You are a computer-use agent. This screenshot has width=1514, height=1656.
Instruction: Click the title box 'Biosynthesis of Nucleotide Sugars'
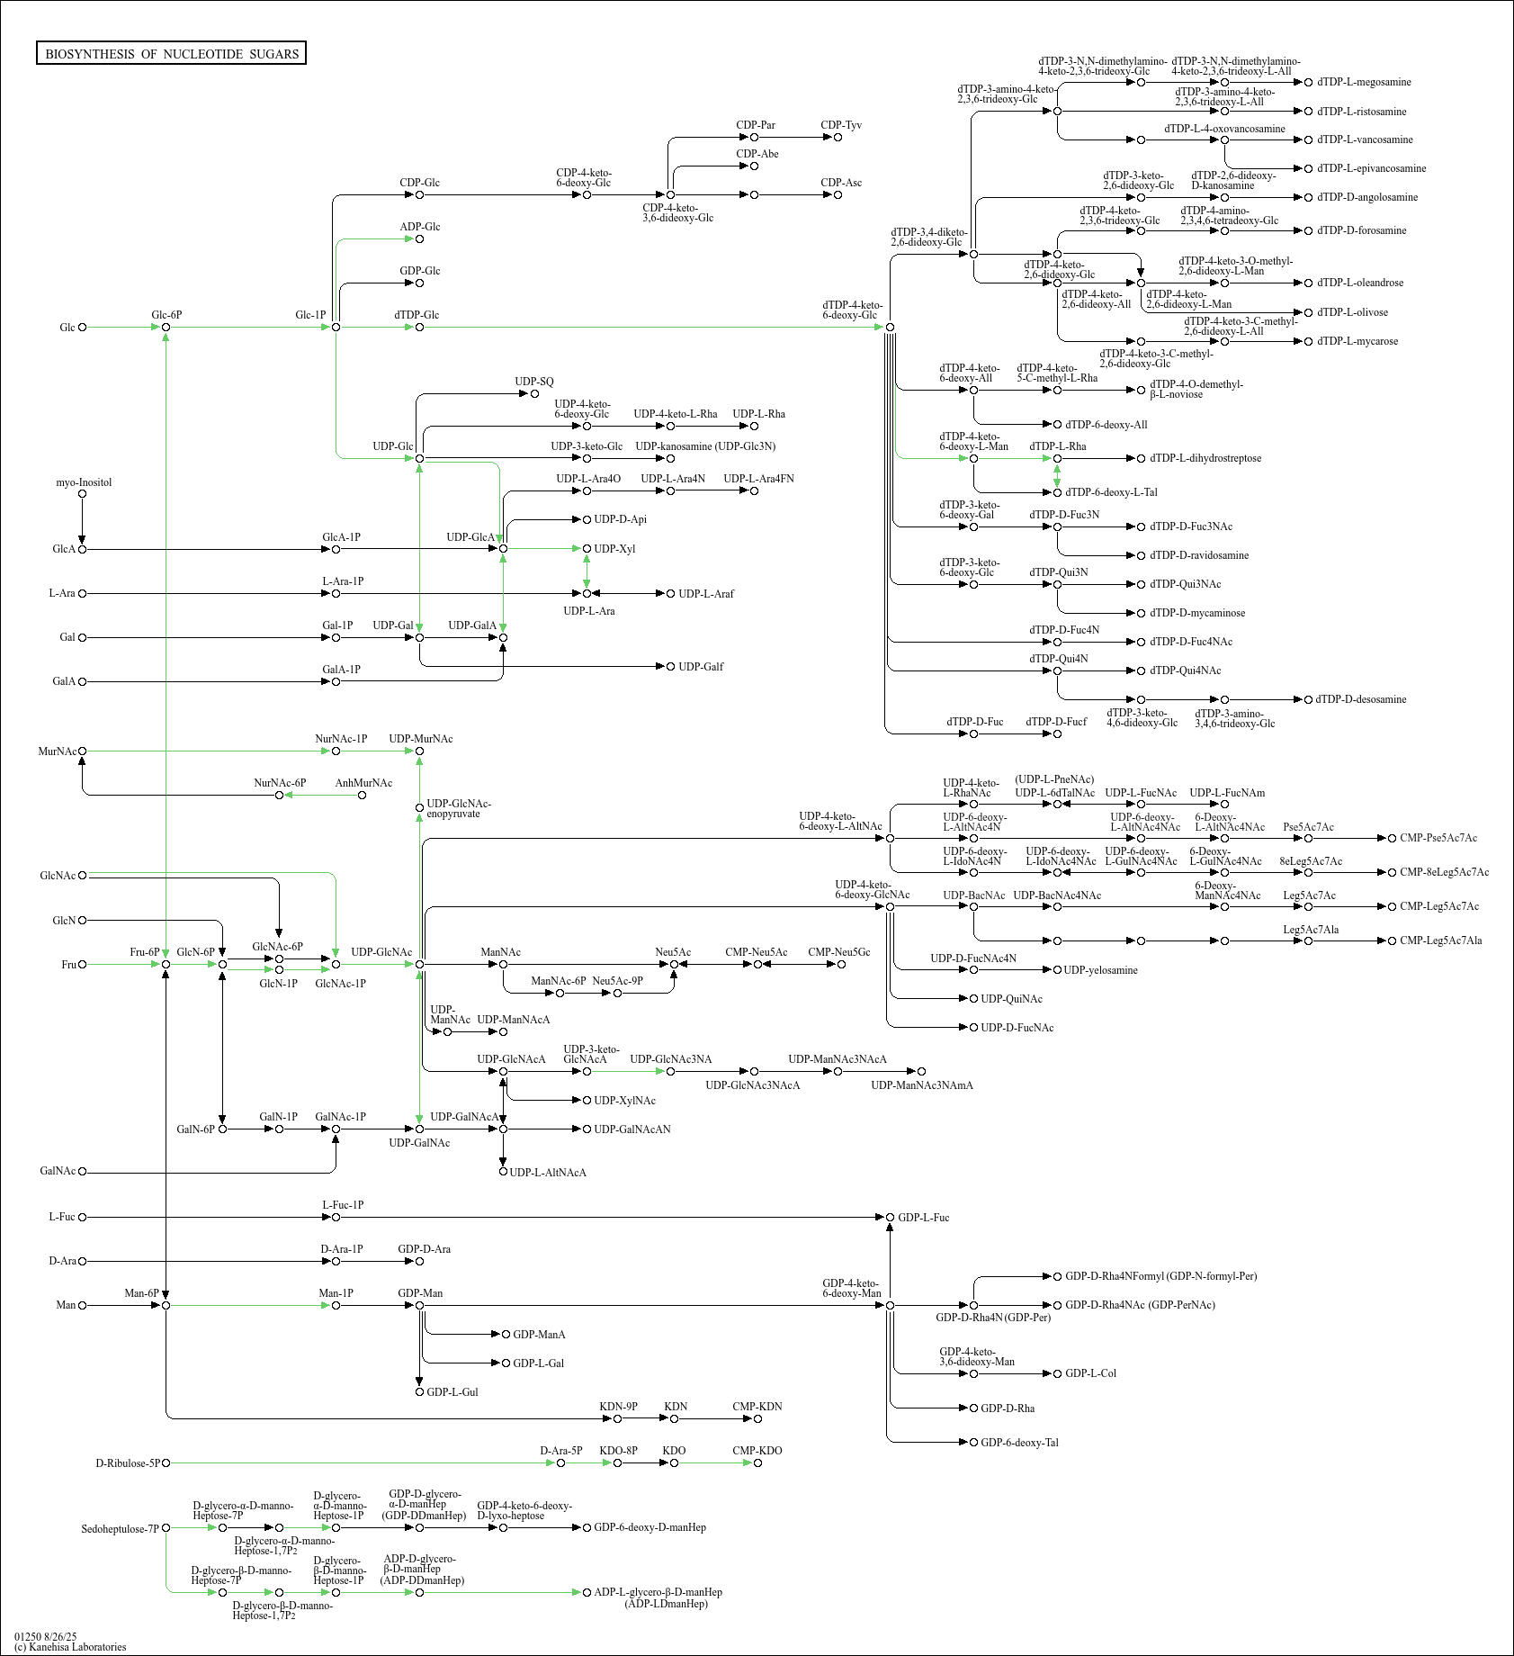point(171,54)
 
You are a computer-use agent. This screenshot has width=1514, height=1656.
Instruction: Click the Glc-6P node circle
point(166,328)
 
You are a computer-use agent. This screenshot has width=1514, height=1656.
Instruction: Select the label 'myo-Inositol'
point(84,482)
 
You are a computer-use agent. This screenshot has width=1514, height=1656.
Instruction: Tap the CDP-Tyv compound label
point(841,125)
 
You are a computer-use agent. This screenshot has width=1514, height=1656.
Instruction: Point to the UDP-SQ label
point(534,382)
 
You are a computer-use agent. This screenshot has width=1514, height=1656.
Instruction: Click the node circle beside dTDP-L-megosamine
point(1308,82)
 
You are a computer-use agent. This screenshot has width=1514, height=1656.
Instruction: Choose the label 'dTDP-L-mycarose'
point(1357,341)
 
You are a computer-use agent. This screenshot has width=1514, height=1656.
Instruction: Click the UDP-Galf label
point(701,667)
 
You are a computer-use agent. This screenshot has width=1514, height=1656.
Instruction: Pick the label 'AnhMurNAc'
point(363,783)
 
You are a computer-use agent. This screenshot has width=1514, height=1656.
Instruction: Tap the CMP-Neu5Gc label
point(838,952)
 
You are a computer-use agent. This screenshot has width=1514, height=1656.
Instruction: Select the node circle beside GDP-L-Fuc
point(890,1218)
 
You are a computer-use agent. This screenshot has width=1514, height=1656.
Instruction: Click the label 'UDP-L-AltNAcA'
point(548,1173)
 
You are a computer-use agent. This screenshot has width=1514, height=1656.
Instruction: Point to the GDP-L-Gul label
point(452,1392)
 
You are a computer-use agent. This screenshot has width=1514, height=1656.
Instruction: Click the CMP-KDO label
point(757,1451)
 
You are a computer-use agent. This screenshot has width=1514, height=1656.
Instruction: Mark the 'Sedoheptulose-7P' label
point(120,1529)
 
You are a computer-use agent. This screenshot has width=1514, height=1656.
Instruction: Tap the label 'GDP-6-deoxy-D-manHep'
point(649,1527)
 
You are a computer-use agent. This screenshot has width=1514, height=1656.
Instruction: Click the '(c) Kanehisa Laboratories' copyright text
point(70,1647)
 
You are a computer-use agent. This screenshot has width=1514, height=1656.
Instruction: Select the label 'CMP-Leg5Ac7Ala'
point(1440,940)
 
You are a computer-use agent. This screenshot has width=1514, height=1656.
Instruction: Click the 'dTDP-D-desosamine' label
point(1360,699)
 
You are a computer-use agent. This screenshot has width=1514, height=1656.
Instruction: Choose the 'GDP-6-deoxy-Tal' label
point(1019,1443)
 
